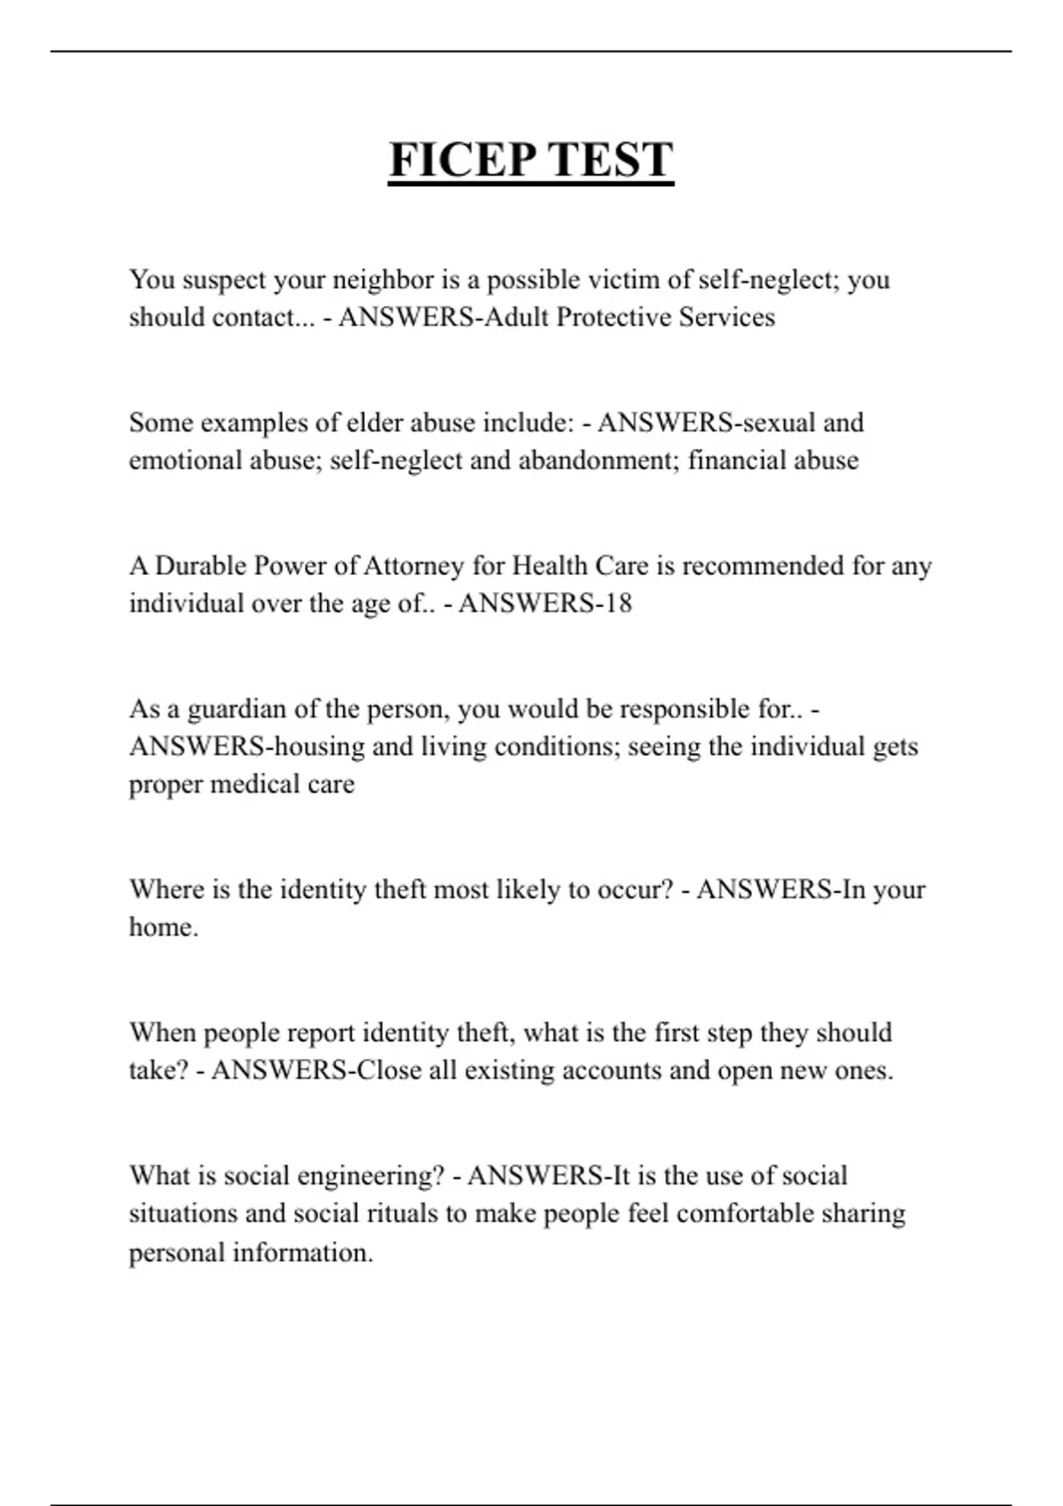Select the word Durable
point(200,566)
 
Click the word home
point(163,928)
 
